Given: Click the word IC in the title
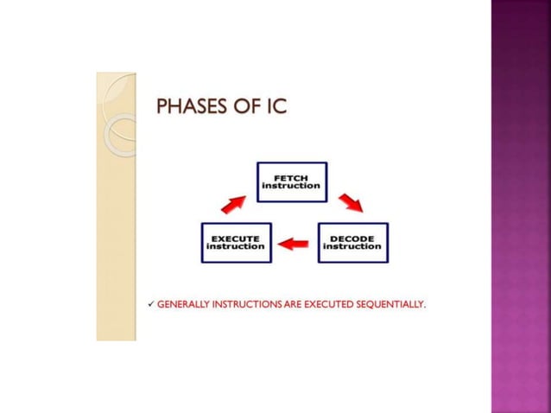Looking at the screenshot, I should point(275,108).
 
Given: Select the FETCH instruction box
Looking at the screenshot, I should point(292,181).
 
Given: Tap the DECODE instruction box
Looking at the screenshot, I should point(352,242).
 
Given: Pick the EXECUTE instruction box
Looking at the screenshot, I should point(235,242).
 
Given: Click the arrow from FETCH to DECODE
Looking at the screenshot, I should point(350,204).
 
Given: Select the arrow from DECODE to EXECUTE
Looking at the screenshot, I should point(294,244).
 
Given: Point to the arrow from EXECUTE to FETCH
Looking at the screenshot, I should point(233,204).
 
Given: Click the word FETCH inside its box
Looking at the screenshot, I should point(292,177).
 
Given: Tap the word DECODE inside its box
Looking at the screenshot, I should point(352,238).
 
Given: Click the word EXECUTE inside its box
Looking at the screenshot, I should point(235,238).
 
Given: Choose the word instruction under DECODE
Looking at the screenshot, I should point(352,246).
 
